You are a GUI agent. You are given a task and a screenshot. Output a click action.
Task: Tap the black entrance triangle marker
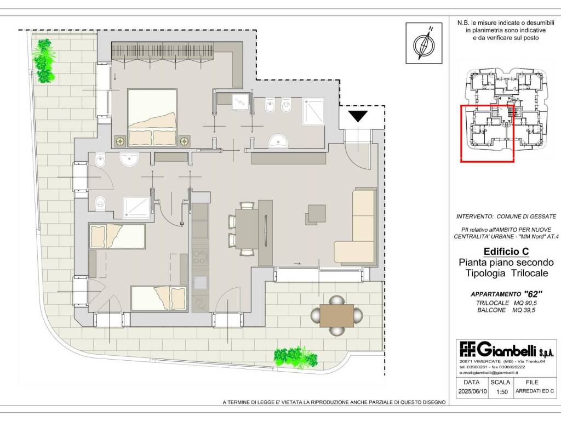pyautogui.click(x=358, y=116)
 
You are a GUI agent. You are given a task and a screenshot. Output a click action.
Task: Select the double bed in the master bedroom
pyautogui.click(x=152, y=117)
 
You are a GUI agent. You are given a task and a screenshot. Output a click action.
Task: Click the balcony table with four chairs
pyautogui.click(x=336, y=315)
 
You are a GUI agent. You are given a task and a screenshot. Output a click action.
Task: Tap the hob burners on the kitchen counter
pyautogui.click(x=201, y=257)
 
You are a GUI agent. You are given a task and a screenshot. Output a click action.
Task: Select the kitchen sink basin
pyautogui.click(x=201, y=283)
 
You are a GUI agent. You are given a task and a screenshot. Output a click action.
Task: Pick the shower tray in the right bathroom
pyautogui.click(x=314, y=111)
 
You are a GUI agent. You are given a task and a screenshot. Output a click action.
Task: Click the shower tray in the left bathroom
pyautogui.click(x=136, y=207)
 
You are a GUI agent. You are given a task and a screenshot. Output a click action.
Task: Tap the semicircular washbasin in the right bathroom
pyautogui.click(x=278, y=141)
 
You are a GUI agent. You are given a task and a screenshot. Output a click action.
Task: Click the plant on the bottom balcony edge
pyautogui.click(x=295, y=357)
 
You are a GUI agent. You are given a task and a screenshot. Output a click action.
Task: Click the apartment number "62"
pyautogui.click(x=533, y=294)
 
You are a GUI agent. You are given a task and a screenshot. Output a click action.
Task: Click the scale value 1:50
pyautogui.click(x=502, y=392)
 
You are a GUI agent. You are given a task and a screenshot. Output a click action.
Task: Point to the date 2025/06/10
pyautogui.click(x=473, y=391)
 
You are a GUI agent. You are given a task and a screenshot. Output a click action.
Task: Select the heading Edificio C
pyautogui.click(x=506, y=251)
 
